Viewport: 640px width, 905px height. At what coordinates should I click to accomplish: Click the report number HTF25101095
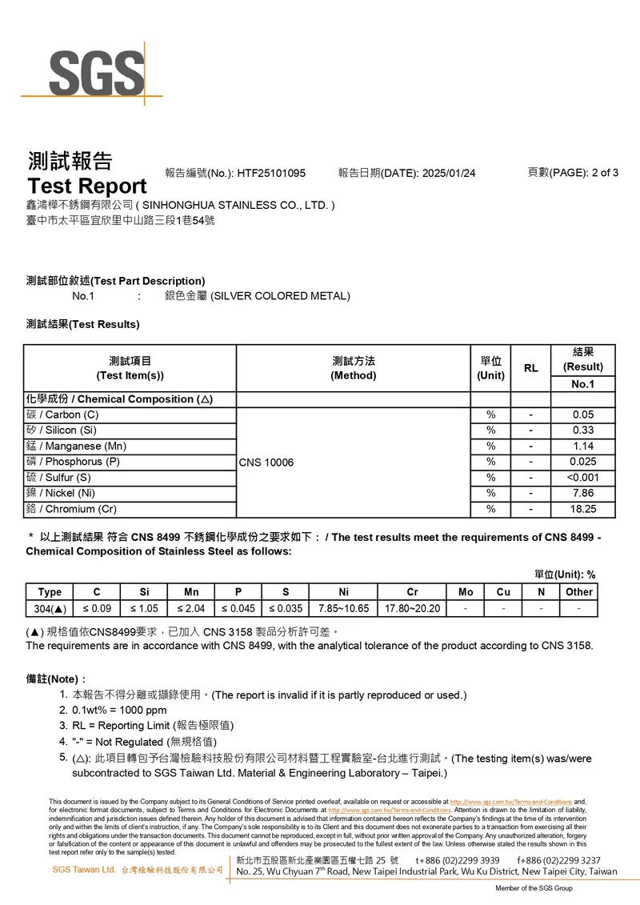(x=271, y=173)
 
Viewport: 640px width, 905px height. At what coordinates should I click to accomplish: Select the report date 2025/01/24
(x=448, y=173)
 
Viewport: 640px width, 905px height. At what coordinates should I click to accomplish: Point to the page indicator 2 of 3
(x=604, y=172)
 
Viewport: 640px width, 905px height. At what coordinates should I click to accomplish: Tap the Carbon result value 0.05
(x=582, y=414)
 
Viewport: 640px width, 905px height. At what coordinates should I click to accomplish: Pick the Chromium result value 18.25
(x=582, y=509)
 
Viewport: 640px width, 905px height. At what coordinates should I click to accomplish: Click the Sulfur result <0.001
(x=582, y=478)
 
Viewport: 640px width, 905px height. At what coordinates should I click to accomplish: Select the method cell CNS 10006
(x=266, y=462)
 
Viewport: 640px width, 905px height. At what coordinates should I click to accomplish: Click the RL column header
(x=530, y=368)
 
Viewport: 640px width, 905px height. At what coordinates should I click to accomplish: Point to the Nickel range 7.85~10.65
(x=343, y=609)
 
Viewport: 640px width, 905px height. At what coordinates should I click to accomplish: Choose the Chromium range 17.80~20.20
(x=412, y=609)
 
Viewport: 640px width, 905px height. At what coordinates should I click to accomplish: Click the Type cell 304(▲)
(x=50, y=609)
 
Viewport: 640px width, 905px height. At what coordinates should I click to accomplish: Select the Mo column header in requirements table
(x=466, y=592)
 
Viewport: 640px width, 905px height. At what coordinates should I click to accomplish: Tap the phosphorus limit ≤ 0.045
(x=238, y=609)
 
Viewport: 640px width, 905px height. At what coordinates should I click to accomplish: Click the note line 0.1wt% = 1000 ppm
(x=119, y=710)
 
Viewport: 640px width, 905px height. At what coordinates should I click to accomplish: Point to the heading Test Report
(x=87, y=186)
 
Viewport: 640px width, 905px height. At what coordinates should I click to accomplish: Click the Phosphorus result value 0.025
(x=582, y=462)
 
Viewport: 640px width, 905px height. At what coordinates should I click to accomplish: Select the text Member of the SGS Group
(x=534, y=888)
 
